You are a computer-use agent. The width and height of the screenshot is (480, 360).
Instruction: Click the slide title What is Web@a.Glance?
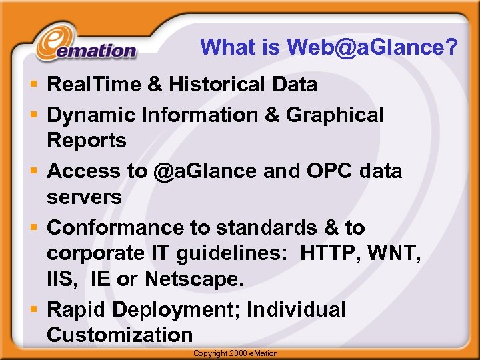coord(329,47)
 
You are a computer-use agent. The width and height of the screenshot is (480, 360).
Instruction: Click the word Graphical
coord(335,115)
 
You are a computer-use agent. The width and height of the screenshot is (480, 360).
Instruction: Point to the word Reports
coord(86,141)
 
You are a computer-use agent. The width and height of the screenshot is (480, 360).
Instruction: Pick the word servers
coord(84,197)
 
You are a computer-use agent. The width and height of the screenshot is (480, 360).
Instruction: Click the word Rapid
coord(77,309)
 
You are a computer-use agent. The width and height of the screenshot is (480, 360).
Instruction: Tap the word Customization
coord(119,335)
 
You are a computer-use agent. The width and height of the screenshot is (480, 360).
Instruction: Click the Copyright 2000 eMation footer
coord(235,353)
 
